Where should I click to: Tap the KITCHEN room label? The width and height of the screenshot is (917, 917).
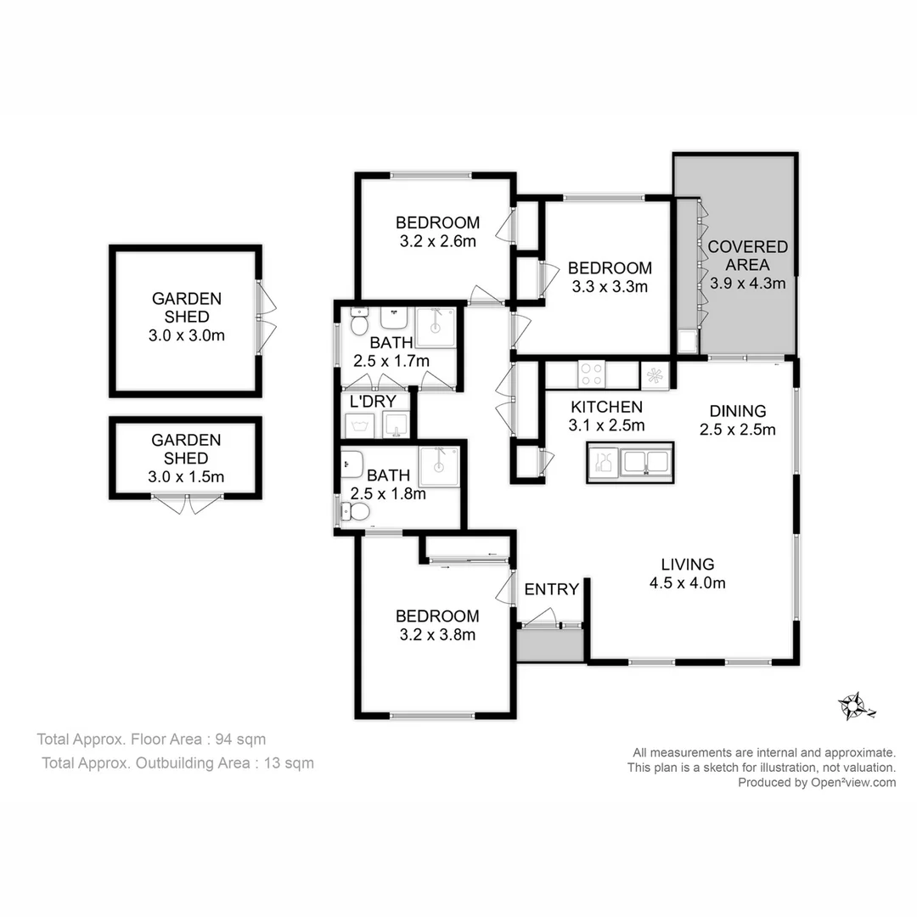click(x=605, y=407)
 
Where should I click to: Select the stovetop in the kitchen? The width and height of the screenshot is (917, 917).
click(x=591, y=374)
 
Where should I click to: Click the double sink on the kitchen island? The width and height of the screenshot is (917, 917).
click(x=645, y=463)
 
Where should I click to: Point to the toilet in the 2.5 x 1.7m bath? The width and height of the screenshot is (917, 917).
click(x=358, y=323)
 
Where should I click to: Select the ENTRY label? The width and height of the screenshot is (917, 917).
click(x=551, y=589)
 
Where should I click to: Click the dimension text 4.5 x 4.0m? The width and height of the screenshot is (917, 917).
click(x=688, y=582)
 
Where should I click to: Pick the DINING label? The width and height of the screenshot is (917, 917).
click(x=737, y=411)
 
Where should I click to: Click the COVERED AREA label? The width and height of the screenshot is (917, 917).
click(x=747, y=256)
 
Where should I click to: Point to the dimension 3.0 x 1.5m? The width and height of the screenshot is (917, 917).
click(x=186, y=476)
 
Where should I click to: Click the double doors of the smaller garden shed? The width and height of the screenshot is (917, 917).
click(x=187, y=504)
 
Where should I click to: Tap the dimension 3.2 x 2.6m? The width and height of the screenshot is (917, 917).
click(x=437, y=241)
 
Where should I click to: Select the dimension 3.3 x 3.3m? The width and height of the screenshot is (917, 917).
click(x=610, y=286)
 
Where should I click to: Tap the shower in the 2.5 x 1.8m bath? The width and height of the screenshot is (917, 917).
click(x=438, y=466)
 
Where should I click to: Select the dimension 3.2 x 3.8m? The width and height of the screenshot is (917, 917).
click(x=437, y=634)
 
